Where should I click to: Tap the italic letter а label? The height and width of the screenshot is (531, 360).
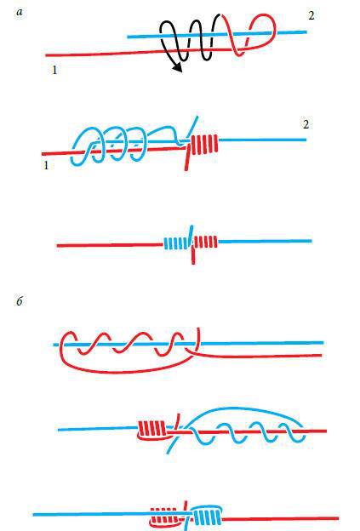[20, 13]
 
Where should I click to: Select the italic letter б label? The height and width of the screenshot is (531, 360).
[20, 300]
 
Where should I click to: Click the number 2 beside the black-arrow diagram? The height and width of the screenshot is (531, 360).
[311, 15]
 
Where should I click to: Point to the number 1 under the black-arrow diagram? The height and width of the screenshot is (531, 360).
[54, 70]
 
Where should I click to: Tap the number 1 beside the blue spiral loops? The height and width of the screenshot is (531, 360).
[46, 165]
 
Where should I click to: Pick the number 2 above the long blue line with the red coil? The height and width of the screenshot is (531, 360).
[306, 124]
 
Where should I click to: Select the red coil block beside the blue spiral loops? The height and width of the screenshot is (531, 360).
[204, 145]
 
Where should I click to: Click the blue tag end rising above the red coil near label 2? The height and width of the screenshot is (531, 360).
[193, 128]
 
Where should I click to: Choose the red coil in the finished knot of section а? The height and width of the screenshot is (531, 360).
[206, 242]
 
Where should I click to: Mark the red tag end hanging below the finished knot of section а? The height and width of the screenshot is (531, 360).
[193, 256]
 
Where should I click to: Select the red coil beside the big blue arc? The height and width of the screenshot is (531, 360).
[152, 429]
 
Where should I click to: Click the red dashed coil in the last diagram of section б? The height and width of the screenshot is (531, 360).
[165, 516]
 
